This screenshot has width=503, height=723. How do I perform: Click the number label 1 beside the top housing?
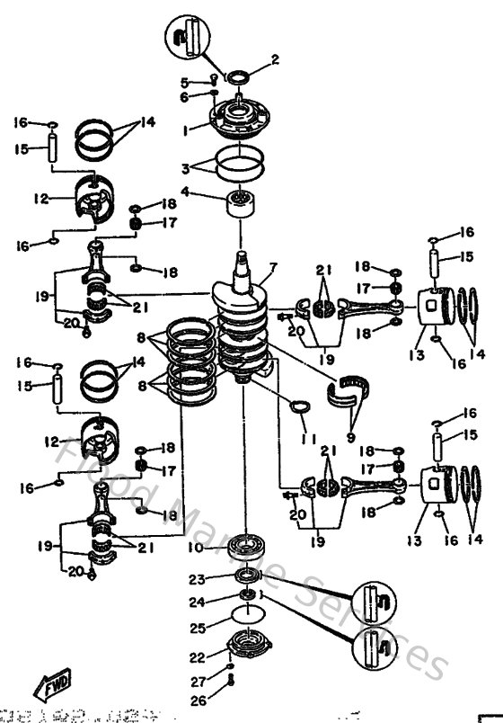(185, 129)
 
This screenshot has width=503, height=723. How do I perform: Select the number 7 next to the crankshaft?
(273, 268)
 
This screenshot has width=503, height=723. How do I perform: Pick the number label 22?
(196, 657)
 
